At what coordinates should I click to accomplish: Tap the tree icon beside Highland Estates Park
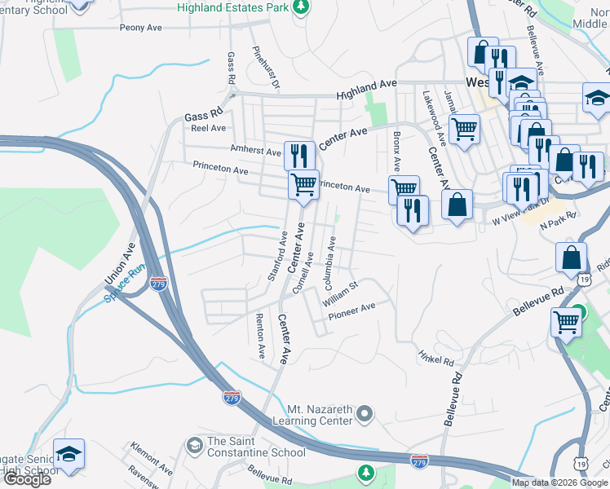(x=302, y=7)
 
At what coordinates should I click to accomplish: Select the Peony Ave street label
(x=141, y=28)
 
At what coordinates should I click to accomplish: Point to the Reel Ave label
(x=207, y=129)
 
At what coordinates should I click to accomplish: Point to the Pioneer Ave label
(x=351, y=307)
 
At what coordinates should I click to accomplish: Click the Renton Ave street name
(x=260, y=336)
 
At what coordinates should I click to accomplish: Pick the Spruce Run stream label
(x=125, y=282)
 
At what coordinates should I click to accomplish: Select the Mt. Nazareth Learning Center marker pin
(x=365, y=414)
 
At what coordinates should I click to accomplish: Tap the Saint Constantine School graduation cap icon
(x=194, y=445)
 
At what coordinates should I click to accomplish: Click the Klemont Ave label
(x=151, y=460)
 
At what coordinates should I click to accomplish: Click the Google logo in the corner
(x=26, y=479)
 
